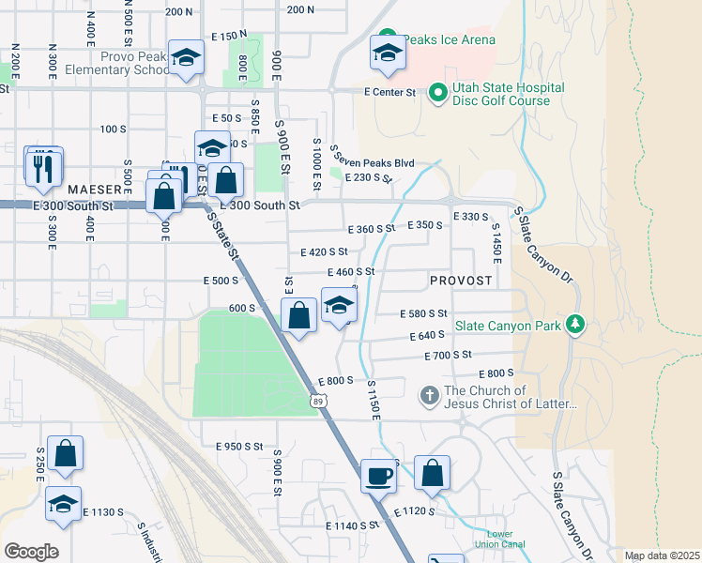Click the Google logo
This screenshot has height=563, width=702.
tap(31, 551)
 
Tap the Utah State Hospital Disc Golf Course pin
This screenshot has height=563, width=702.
tap(436, 92)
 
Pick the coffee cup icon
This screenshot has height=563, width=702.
tap(379, 476)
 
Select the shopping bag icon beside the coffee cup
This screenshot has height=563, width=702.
tap(432, 475)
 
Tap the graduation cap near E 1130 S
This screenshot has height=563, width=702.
tap(63, 504)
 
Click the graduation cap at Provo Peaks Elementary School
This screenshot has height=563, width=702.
tap(186, 58)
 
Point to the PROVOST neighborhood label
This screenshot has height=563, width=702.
tap(461, 281)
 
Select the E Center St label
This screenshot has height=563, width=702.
tap(389, 92)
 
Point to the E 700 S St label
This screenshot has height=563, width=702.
tap(448, 355)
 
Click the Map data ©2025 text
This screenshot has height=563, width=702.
tap(662, 555)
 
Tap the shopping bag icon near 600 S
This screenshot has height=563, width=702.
tap(299, 317)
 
